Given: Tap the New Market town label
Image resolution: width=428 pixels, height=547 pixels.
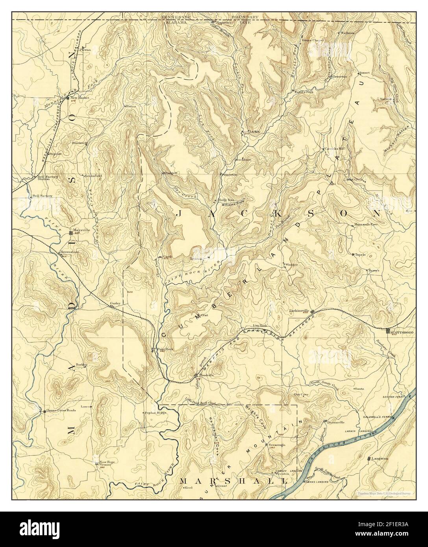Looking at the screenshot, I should pos(80,97).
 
